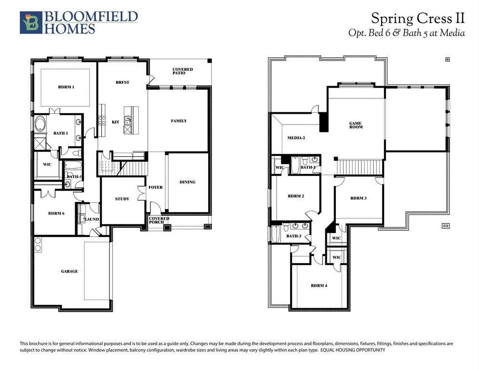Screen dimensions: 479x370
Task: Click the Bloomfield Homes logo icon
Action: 31,22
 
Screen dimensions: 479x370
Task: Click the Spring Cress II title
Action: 418,18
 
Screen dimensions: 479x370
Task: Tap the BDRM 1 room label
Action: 66,87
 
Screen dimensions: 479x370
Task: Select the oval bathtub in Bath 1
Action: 40,124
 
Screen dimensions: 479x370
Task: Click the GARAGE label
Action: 69,271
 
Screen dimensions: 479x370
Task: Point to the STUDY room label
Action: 122,199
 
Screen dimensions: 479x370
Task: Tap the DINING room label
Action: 187,182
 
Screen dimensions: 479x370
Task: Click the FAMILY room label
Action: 179,121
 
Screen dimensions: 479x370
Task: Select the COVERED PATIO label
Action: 183,71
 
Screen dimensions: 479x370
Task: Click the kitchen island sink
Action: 128,120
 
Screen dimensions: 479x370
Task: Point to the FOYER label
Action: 156,187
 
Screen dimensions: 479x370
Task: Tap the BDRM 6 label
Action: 56,213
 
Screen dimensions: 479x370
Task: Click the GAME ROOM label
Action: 356,125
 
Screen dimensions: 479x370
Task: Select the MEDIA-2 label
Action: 296,138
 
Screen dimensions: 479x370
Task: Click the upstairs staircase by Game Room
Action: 359,167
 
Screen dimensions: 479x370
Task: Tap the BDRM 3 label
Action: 359,198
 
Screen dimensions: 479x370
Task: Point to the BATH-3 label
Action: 293,236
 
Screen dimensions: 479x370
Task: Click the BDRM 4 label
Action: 319,286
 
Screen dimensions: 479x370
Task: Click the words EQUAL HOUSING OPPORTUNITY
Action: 353,350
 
